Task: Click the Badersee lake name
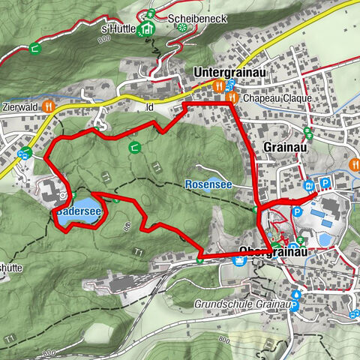pyautogui.click(x=78, y=213)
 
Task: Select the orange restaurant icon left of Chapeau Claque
pyautogui.click(x=232, y=97)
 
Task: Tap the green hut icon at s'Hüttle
pyautogui.click(x=148, y=28)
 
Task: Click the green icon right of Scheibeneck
pyautogui.click(x=182, y=27)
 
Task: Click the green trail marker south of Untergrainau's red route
pyautogui.click(x=134, y=146)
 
